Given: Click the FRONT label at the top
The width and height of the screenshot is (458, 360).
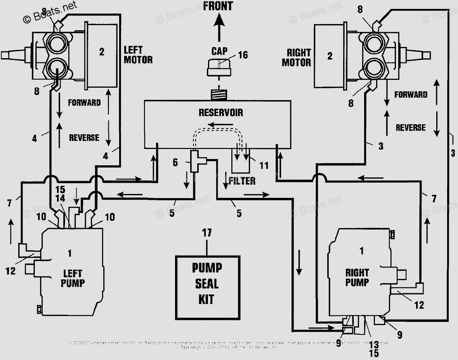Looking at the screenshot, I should [218, 6].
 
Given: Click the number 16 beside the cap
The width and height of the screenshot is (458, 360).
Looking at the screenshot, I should [243, 55].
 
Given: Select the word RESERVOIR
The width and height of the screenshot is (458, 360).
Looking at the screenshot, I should [221, 112].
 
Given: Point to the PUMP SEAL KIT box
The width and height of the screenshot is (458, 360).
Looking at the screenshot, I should [208, 284].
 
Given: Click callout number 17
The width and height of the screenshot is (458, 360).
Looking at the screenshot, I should [207, 233].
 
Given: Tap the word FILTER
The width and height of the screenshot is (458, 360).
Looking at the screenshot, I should [242, 181].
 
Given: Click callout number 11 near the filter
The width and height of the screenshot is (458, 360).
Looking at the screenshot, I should [264, 166].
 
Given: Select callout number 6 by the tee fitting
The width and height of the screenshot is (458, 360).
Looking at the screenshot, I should [175, 163].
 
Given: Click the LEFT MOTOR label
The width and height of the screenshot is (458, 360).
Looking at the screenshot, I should [138, 55].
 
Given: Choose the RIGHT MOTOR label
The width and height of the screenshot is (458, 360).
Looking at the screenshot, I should [298, 57].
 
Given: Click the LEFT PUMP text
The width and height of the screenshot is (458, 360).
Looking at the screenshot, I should [73, 278].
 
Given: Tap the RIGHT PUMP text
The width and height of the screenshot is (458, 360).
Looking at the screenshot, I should [357, 277].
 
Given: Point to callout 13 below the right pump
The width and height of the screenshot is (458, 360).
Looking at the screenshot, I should [373, 344].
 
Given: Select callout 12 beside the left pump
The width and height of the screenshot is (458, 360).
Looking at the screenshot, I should [10, 271].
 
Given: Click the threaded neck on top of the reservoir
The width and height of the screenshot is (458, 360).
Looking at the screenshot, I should [218, 94].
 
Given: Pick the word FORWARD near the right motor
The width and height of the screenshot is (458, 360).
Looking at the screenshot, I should [411, 95].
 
